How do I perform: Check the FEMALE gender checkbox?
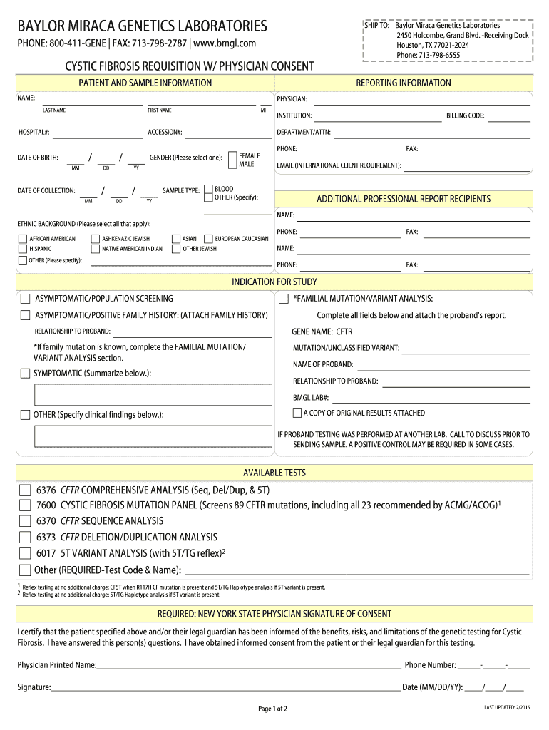[x=232, y=155]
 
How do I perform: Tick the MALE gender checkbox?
[x=232, y=165]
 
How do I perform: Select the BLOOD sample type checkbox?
[x=208, y=189]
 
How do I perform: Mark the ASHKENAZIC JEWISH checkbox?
[x=96, y=239]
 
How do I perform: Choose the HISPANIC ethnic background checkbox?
[x=23, y=249]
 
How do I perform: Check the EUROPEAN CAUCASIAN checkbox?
[x=208, y=239]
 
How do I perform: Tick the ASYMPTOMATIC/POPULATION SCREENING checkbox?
[x=26, y=299]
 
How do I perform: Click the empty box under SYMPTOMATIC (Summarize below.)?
[x=153, y=394]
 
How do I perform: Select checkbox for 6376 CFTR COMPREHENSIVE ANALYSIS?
[x=25, y=490]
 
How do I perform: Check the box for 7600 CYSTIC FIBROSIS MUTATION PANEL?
[x=25, y=506]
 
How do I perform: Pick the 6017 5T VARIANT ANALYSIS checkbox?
[x=25, y=553]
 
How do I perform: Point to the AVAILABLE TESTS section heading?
[x=274, y=473]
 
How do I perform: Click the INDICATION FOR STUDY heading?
[x=274, y=282]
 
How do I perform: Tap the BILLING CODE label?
[x=465, y=115]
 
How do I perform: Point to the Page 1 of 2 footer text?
[x=273, y=709]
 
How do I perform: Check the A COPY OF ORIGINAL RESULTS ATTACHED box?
[x=297, y=413]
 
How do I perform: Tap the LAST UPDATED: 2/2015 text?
[x=506, y=706]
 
